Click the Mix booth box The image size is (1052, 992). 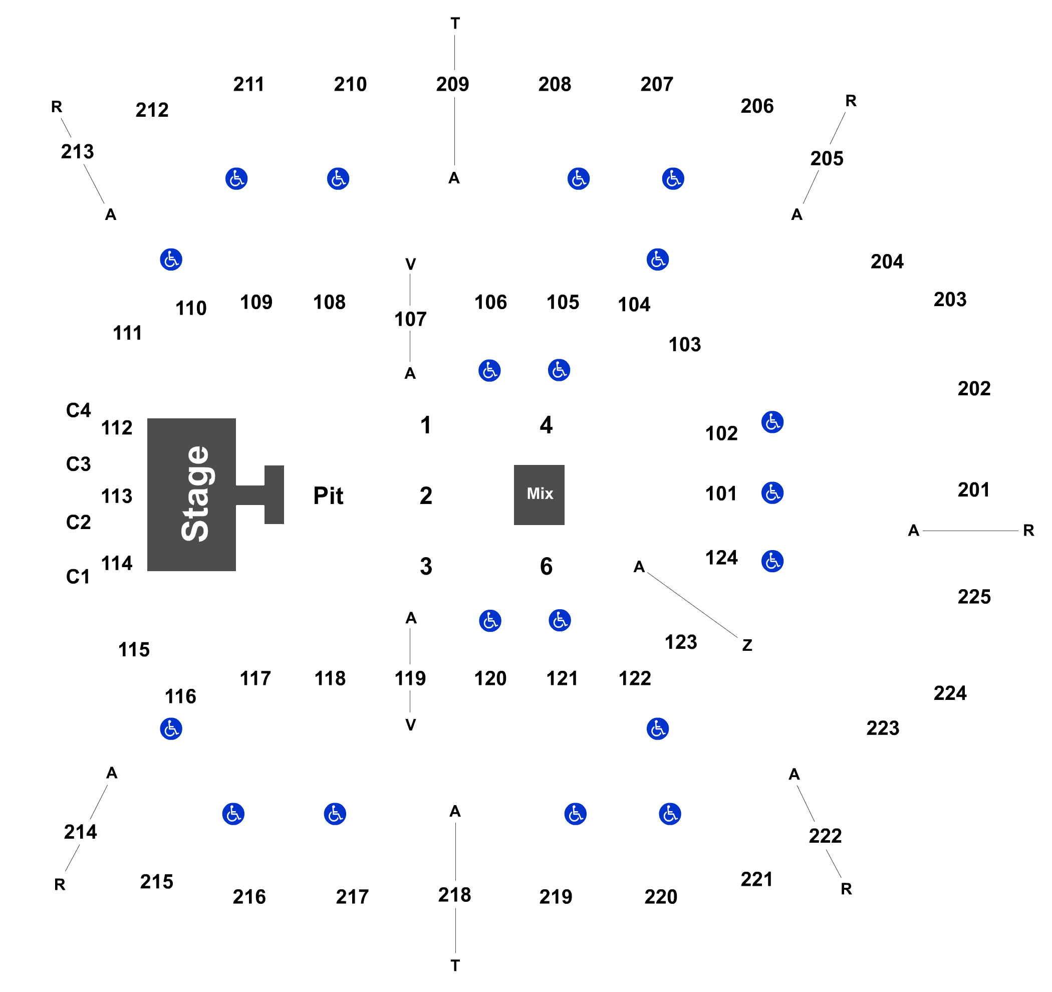point(539,494)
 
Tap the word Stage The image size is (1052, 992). point(195,493)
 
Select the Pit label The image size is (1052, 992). point(328,496)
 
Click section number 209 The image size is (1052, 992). point(452,84)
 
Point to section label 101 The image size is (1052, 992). point(721,493)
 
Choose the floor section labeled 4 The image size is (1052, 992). point(546,424)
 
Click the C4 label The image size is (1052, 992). point(78,410)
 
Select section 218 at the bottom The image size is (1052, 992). point(454,895)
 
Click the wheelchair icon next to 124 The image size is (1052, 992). point(772,561)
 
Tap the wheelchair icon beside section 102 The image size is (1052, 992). point(772,422)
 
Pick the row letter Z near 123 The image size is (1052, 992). point(746,645)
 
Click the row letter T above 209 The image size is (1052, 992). point(455,23)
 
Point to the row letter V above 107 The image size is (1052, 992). point(411,264)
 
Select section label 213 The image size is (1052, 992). point(77,151)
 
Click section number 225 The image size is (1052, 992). point(974,597)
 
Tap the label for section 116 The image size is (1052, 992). point(180,696)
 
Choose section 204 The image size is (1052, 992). point(887,261)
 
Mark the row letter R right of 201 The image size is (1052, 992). point(1028,530)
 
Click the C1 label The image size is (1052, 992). point(78,577)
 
